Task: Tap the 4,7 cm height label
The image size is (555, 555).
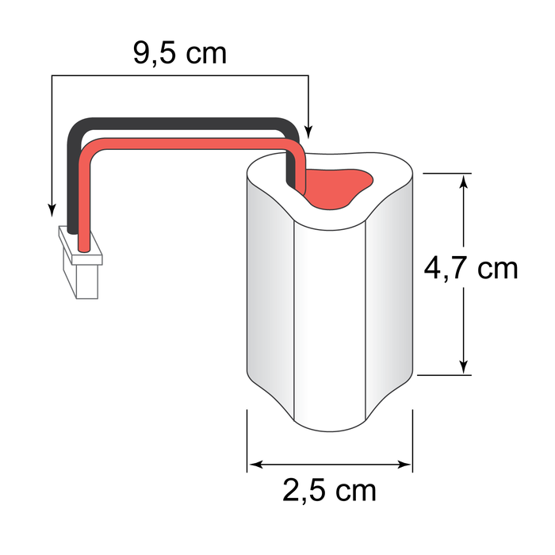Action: tap(471, 268)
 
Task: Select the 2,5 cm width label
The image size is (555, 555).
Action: tap(329, 491)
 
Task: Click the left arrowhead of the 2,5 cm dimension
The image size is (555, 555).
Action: tap(254, 465)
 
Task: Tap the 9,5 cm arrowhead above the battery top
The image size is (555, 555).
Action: tap(308, 130)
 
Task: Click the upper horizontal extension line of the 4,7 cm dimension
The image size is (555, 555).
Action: tap(444, 172)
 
